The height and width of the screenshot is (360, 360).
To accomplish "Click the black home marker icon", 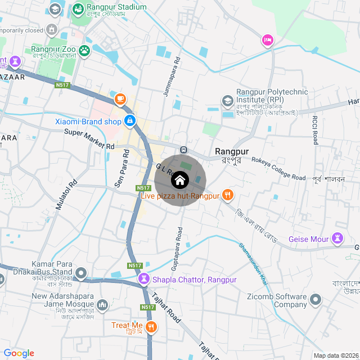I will (180, 181).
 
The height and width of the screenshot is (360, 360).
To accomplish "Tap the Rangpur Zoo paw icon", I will (84, 51).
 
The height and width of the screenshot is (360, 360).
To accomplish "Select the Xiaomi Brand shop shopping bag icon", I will (130, 120).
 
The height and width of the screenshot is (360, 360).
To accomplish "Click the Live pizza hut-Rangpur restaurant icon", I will (227, 195).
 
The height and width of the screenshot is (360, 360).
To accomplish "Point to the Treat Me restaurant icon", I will (151, 326).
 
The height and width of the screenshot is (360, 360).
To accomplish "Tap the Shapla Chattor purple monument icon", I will (145, 278).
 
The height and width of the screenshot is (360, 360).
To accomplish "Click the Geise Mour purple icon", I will (337, 238).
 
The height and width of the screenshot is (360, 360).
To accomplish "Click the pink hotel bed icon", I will (267, 40).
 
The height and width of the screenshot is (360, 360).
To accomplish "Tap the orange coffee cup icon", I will (120, 99).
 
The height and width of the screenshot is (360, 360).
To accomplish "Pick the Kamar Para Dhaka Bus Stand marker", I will (81, 274).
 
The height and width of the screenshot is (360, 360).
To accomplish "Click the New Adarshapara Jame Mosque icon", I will (102, 305).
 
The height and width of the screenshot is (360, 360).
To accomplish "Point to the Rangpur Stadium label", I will (116, 7).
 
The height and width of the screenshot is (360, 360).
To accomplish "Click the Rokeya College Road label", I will (278, 169).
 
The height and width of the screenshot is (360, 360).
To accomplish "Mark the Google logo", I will (19, 353).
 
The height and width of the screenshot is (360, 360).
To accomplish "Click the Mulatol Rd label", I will (66, 195).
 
